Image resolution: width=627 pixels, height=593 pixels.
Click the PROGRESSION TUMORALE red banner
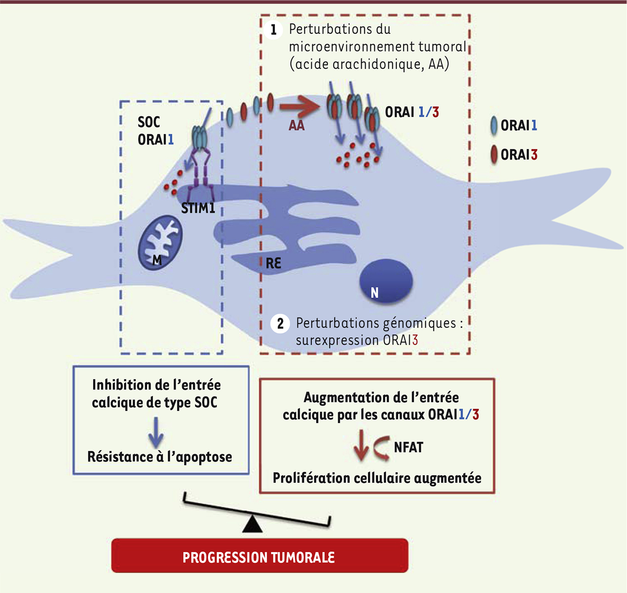click(x=260, y=556)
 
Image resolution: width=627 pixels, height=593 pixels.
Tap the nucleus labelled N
click(x=386, y=280)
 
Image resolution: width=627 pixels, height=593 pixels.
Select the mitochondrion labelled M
click(x=160, y=242)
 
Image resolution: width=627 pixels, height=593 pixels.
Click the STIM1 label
click(x=198, y=208)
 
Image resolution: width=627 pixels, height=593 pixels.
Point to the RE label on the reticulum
click(x=274, y=263)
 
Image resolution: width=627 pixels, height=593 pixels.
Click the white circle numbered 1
click(x=273, y=30)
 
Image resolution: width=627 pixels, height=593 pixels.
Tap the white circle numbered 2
click(x=280, y=324)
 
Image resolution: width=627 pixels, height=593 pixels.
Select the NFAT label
click(x=409, y=447)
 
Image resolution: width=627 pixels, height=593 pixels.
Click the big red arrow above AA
click(x=300, y=106)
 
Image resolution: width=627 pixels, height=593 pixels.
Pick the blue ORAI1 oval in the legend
click(x=494, y=126)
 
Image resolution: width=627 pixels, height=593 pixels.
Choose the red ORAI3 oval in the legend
click(x=494, y=155)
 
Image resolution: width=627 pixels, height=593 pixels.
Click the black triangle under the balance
click(x=252, y=525)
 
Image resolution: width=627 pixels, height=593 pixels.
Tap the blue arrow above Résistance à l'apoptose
click(x=156, y=433)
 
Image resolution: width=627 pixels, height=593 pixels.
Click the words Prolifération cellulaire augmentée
click(x=377, y=478)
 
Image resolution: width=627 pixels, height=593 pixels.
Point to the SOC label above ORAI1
click(x=149, y=122)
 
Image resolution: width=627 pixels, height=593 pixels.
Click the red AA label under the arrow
click(x=297, y=126)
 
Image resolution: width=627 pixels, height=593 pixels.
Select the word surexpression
click(x=337, y=341)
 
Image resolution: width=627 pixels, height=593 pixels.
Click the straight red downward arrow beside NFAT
click(x=361, y=445)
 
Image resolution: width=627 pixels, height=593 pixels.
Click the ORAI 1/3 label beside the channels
click(x=412, y=112)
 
